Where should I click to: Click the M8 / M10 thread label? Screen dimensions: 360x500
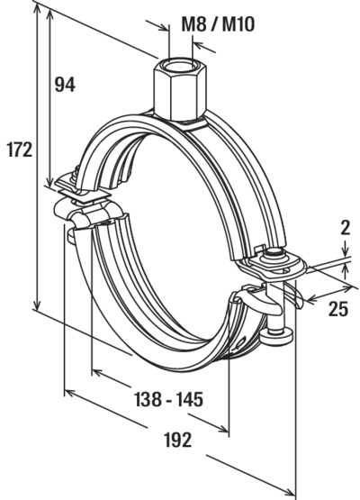[218, 24]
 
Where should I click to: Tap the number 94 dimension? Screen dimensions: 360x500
[65, 85]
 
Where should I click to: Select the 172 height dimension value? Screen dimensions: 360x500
[20, 150]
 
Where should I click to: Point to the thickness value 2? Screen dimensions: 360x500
[346, 228]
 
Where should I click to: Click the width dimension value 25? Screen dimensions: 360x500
[338, 309]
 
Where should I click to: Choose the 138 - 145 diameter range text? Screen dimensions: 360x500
[169, 399]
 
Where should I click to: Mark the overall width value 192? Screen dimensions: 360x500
[178, 440]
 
